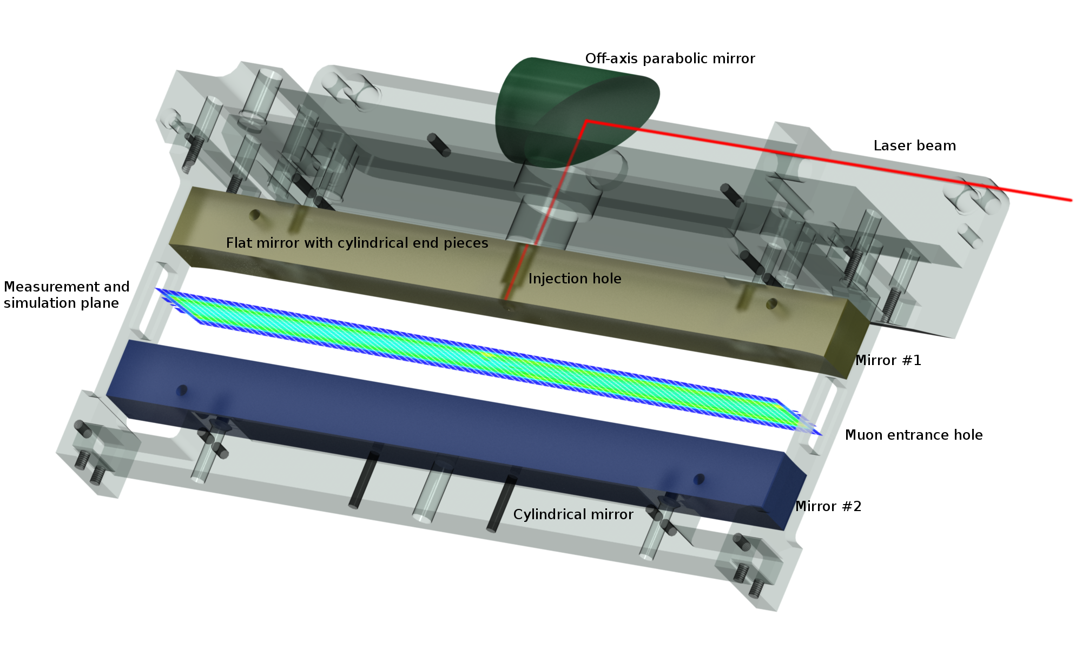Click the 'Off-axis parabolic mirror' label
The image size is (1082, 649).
click(x=670, y=58)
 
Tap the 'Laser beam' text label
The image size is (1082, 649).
click(x=914, y=145)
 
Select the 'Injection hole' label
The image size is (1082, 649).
click(x=575, y=279)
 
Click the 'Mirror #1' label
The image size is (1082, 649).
click(x=888, y=360)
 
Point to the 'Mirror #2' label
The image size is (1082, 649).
click(x=828, y=506)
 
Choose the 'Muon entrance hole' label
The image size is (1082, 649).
click(x=914, y=435)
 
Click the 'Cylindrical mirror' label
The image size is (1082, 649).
click(x=573, y=514)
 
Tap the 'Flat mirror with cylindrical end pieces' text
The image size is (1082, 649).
click(x=357, y=243)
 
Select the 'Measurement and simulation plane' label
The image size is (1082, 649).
click(x=67, y=295)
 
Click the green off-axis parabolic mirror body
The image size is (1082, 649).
click(x=563, y=108)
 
